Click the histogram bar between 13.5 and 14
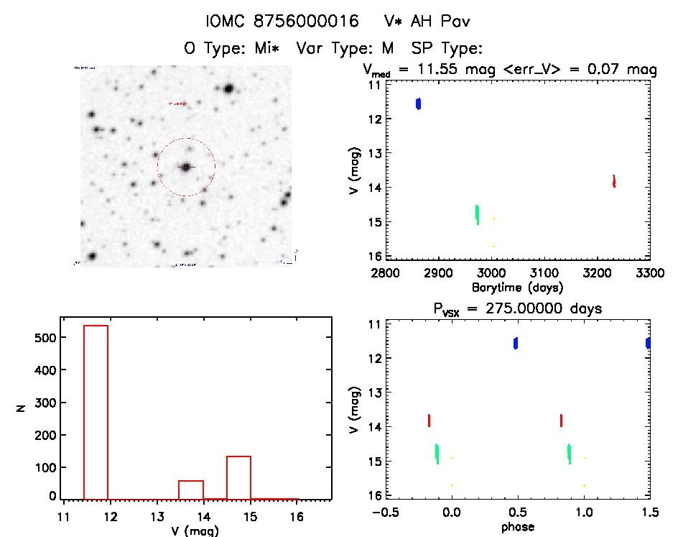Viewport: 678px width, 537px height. click(x=191, y=490)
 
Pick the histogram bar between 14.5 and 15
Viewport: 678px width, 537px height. click(x=238, y=477)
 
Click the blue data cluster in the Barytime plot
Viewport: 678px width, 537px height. click(x=419, y=104)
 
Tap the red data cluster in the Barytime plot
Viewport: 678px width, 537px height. click(x=614, y=180)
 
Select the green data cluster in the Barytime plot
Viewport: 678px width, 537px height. click(x=478, y=214)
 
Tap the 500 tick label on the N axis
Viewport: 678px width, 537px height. click(x=46, y=337)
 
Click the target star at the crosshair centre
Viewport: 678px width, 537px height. click(x=186, y=167)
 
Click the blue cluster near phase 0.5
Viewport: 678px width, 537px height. click(x=516, y=343)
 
